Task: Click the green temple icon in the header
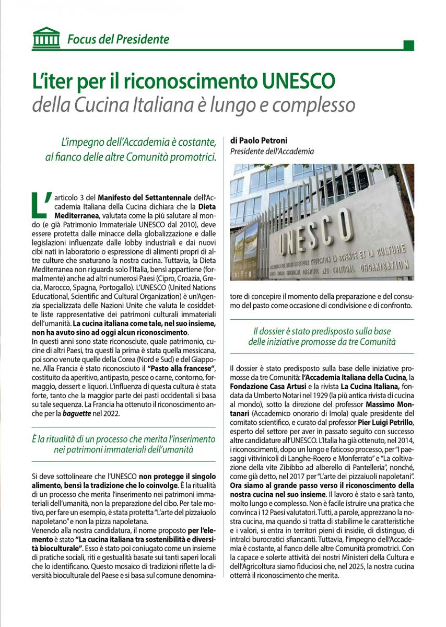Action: pos(45,38)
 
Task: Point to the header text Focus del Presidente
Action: pos(118,39)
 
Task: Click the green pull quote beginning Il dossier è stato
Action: pos(322,336)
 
